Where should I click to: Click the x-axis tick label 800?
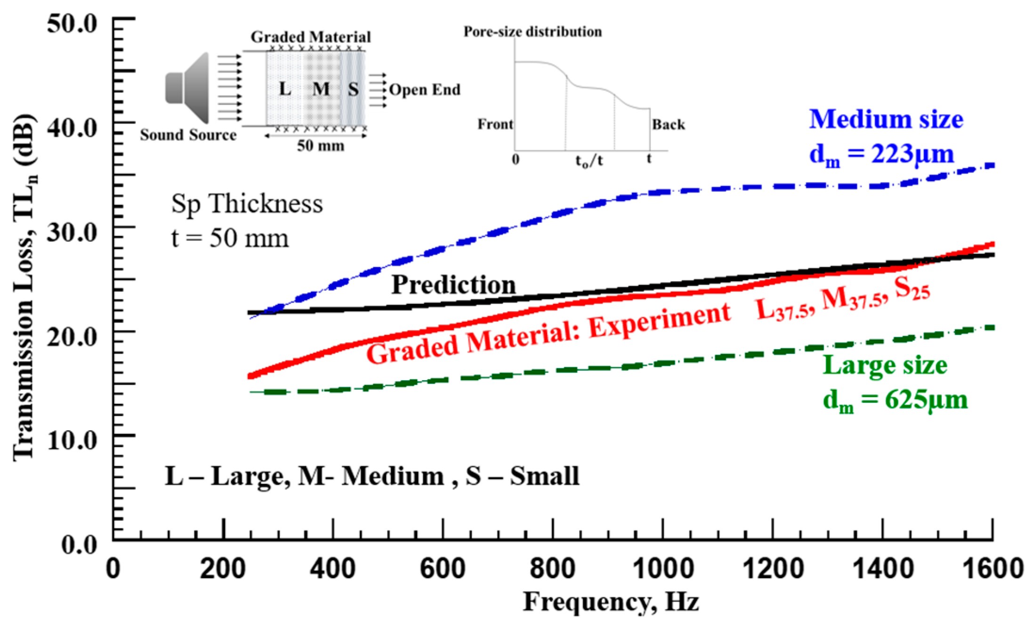(552, 568)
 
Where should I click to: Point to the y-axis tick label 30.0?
(72, 232)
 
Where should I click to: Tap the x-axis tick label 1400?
(883, 568)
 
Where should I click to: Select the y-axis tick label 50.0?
(72, 24)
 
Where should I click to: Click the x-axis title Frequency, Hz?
(611, 602)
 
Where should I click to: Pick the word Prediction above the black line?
(453, 285)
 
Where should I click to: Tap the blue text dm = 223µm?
(881, 155)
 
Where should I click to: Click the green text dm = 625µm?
(894, 400)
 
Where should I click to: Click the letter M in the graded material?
(321, 89)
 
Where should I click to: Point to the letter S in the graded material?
(353, 89)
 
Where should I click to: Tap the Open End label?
(425, 90)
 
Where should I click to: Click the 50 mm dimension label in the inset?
(320, 146)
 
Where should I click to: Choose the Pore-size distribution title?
(532, 32)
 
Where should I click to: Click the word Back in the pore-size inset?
(668, 125)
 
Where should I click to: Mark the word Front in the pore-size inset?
(495, 124)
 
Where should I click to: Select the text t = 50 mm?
(229, 238)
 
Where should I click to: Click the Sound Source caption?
(188, 135)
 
